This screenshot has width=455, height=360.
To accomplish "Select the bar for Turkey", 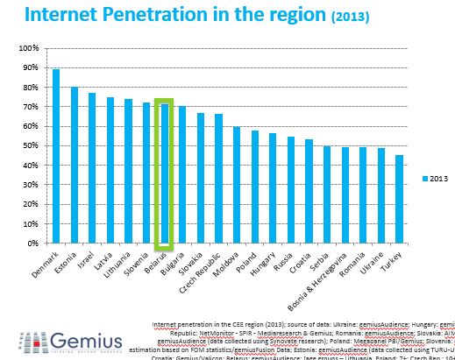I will pyautogui.click(x=400, y=199).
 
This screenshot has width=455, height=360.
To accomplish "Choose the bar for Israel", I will pyautogui.click(x=92, y=167).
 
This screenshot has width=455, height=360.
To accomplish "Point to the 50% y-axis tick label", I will pyautogui.click(x=31, y=145).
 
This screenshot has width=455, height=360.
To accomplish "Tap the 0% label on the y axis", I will pyautogui.click(x=33, y=244).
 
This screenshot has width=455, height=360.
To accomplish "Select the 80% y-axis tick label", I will pyautogui.click(x=31, y=87).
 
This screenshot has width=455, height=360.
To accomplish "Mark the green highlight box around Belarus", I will pyautogui.click(x=164, y=101).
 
